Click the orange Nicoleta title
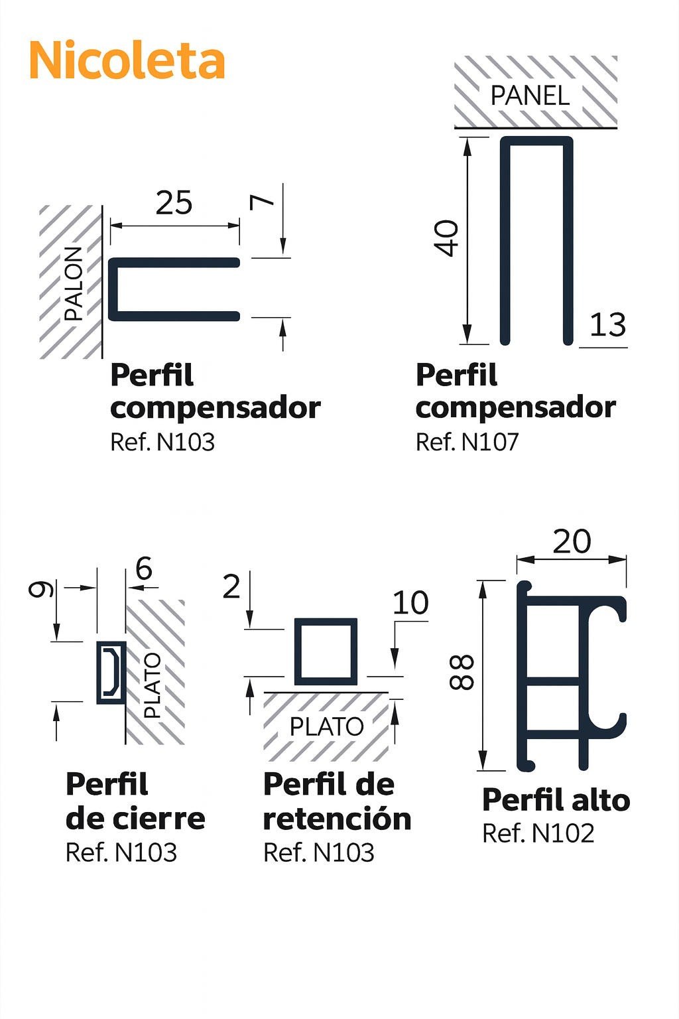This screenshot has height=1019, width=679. pyautogui.click(x=127, y=60)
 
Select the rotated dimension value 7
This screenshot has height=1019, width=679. pyautogui.click(x=263, y=201)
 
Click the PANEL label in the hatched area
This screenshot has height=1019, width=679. pyautogui.click(x=530, y=96)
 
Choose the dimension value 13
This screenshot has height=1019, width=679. pyautogui.click(x=607, y=325)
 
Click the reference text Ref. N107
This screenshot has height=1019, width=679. pyautogui.click(x=467, y=442)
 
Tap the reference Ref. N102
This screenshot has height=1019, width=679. pyautogui.click(x=538, y=833)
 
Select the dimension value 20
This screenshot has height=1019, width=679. pyautogui.click(x=572, y=541)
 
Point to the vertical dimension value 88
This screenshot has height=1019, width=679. pyautogui.click(x=462, y=672)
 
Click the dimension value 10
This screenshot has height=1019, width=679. pyautogui.click(x=410, y=603)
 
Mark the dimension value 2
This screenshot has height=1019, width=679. pyautogui.click(x=231, y=587)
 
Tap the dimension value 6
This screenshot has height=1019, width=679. pyautogui.click(x=144, y=568)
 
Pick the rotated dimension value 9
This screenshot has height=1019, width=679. pyautogui.click(x=41, y=588)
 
